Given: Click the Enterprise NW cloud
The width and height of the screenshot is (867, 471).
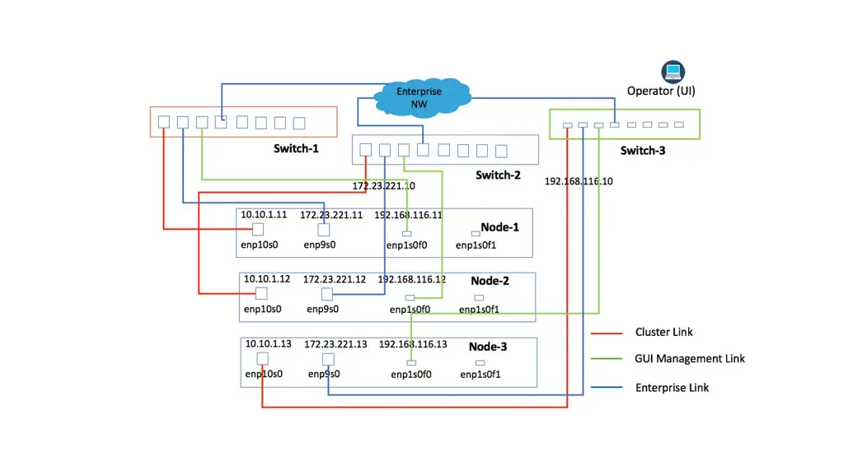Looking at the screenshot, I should coord(420,97).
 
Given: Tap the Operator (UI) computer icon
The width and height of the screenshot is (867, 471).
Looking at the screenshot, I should coord(673,72).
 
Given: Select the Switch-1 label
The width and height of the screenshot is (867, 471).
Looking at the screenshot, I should coord(296,149).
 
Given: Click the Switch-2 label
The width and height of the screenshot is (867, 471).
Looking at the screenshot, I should coord(498,175).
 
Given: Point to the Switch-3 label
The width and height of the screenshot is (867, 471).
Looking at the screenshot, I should coord(643,151).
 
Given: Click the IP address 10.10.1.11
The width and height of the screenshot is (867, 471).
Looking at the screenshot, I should coord(264,214).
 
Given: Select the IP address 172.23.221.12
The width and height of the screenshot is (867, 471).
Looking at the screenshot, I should coord(334,279).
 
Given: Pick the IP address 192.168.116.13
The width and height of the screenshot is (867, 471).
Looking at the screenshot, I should coord(413,343).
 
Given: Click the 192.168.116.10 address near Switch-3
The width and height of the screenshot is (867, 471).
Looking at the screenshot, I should coord(579,181).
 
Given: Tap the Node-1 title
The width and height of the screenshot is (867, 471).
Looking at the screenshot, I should coord(500,227).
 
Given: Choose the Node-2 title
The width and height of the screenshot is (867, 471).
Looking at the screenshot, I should coord(490,281).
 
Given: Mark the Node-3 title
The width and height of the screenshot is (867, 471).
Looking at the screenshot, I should coord(488,347).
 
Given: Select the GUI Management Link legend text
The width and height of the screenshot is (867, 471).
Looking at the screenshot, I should coord(690,359).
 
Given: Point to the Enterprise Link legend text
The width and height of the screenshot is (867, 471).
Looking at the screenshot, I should coord(672,388).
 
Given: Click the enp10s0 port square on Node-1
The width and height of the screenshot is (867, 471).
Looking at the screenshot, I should coord(258,230).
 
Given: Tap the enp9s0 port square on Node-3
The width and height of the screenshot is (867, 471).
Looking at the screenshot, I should coord(328,359).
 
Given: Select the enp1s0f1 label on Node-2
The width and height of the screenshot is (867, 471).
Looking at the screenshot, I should coord(479,310).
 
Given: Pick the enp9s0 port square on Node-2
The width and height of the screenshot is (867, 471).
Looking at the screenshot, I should coord(327,294).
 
